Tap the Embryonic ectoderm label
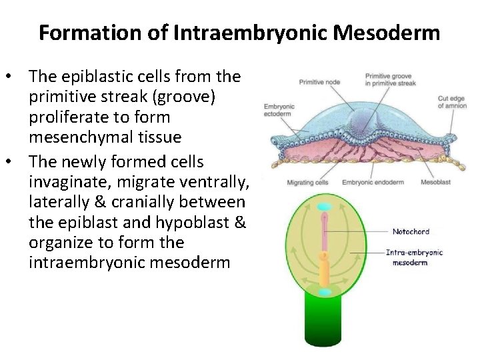pos(279,111)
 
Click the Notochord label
pos(411,231)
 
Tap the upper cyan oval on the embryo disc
pos(325,207)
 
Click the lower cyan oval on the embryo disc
pos(325,292)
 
